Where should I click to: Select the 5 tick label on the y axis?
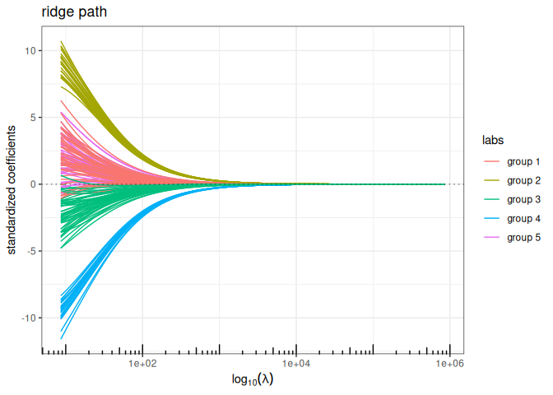click(30, 118)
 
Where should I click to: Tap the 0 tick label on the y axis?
click(30, 184)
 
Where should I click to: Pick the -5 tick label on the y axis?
click(28, 251)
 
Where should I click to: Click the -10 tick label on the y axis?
click(26, 318)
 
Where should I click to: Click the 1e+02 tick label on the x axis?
click(142, 363)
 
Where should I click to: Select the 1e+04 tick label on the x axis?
click(295, 363)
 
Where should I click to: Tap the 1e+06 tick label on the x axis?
click(448, 363)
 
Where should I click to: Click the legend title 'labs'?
click(493, 141)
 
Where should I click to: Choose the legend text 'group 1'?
click(524, 160)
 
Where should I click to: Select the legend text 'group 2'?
click(524, 180)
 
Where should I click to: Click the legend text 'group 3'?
click(524, 199)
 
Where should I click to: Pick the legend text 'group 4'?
click(524, 218)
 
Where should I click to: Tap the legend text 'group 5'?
click(524, 238)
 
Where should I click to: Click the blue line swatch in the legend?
click(492, 218)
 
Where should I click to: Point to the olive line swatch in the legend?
click(492, 180)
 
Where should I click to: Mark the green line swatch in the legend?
click(492, 199)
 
